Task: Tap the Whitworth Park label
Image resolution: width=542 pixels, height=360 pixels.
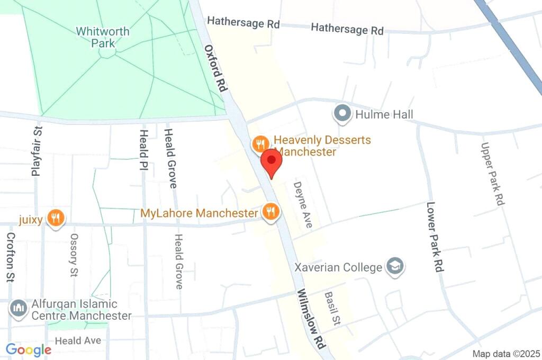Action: (103, 37)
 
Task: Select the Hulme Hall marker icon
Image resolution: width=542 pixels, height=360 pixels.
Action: (342, 114)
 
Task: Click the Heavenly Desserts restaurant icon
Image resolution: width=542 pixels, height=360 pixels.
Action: (259, 143)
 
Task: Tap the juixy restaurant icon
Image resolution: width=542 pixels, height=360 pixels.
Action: (56, 217)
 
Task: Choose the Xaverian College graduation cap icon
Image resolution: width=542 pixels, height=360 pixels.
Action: (394, 266)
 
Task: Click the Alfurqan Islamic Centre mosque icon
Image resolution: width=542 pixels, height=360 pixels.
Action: (19, 309)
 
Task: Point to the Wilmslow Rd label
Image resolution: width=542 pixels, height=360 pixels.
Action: (310, 318)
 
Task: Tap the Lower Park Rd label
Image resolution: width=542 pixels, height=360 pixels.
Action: (434, 237)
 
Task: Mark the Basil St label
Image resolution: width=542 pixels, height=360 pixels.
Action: (332, 308)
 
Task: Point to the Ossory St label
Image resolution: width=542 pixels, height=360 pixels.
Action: (74, 255)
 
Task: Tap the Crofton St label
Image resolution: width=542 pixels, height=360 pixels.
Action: (10, 257)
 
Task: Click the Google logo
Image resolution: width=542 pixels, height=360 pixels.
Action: (29, 350)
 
